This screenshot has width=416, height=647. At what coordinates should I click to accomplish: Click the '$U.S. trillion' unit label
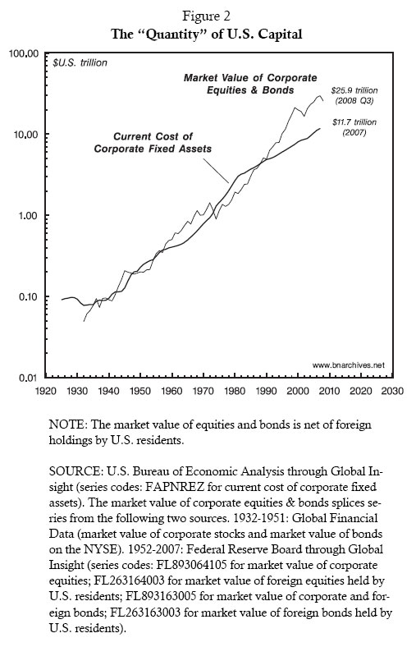[x=81, y=62]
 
